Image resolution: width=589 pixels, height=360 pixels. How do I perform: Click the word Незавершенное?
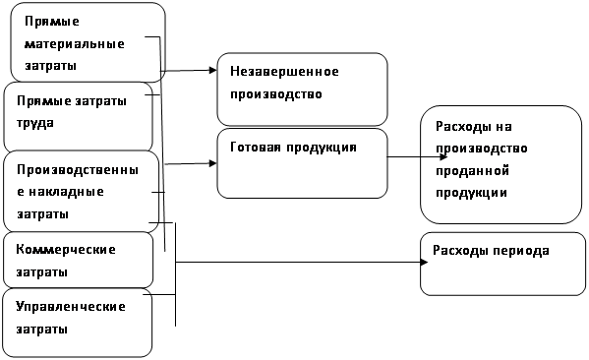(x=284, y=71)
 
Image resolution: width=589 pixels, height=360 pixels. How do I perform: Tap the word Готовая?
(x=255, y=147)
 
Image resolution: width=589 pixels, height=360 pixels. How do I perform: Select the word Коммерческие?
(x=66, y=250)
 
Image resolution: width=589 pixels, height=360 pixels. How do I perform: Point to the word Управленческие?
(x=71, y=307)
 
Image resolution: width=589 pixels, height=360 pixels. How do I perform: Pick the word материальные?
(x=75, y=44)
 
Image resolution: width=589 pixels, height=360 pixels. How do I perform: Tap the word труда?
(x=35, y=124)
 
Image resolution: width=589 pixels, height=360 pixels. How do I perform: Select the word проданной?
(x=473, y=171)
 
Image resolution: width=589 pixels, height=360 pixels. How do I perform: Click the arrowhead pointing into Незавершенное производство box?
(x=213, y=70)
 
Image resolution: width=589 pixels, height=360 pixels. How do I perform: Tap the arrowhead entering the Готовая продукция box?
(x=213, y=163)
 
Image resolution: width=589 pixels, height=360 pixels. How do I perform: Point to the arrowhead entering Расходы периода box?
(x=425, y=262)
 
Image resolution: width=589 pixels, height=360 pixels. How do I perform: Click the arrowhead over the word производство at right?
(x=443, y=156)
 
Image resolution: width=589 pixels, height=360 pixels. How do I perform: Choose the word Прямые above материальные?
(x=52, y=22)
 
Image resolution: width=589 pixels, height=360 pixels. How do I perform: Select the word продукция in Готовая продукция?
(x=322, y=148)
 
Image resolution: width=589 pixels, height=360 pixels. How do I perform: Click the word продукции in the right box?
(x=471, y=193)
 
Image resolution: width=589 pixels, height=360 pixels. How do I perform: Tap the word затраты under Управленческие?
(x=41, y=330)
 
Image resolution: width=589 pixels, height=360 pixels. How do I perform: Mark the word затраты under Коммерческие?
(x=41, y=272)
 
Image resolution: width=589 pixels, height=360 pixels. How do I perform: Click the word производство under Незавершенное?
(x=276, y=94)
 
